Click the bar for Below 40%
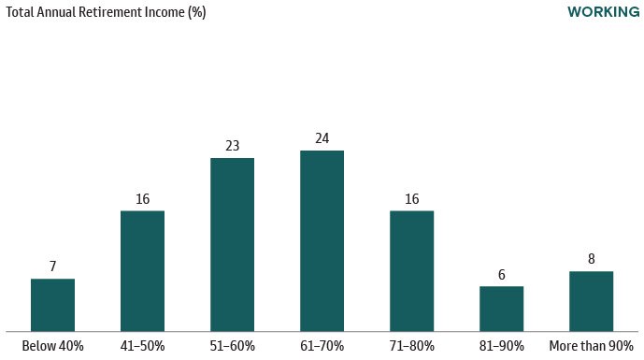tap(52, 305)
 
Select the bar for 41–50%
tap(142, 271)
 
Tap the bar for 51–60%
tap(232, 245)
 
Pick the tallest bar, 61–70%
tap(322, 241)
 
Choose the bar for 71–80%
tap(411, 271)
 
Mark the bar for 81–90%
tap(501, 309)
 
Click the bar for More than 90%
tap(591, 301)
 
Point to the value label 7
tap(52, 266)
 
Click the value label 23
tap(232, 146)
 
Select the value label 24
tap(322, 138)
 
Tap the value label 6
tap(501, 274)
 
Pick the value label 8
tap(591, 259)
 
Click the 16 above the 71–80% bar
tap(411, 198)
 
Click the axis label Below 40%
tap(52, 346)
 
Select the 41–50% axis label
tap(142, 346)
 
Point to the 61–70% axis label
tap(322, 346)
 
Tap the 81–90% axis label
tap(501, 346)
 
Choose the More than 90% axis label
tap(591, 346)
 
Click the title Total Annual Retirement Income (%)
tap(107, 13)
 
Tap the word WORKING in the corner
tap(602, 12)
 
